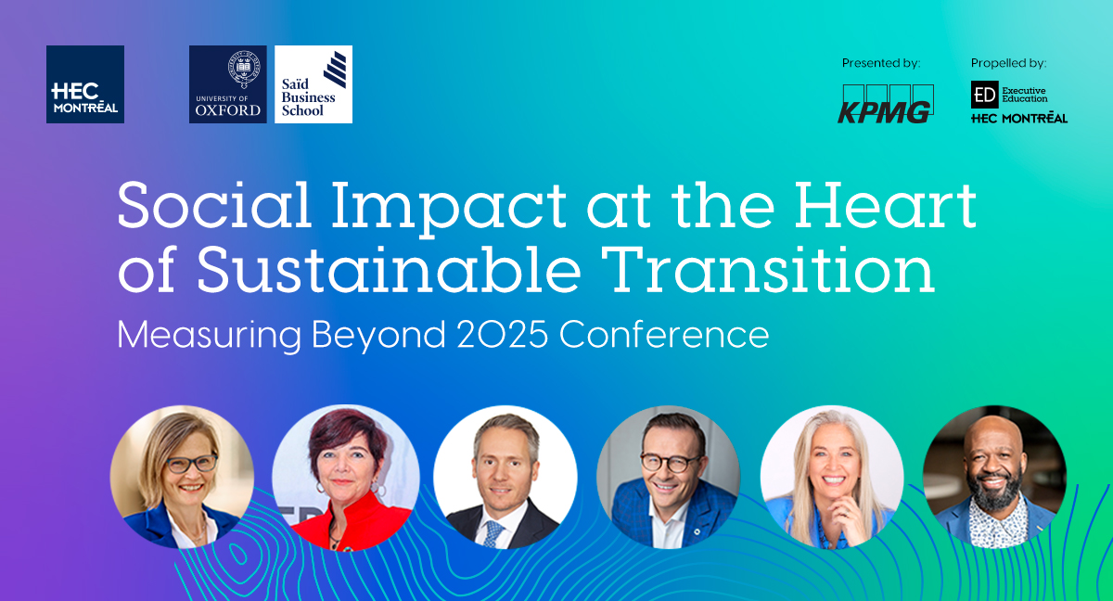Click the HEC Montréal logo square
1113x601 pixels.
point(84,84)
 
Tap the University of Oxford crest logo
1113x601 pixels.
point(227,84)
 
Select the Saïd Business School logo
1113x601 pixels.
point(313,84)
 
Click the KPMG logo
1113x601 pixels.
point(885,104)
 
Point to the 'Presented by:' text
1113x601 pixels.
point(880,63)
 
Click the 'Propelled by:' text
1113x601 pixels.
point(1008,63)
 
